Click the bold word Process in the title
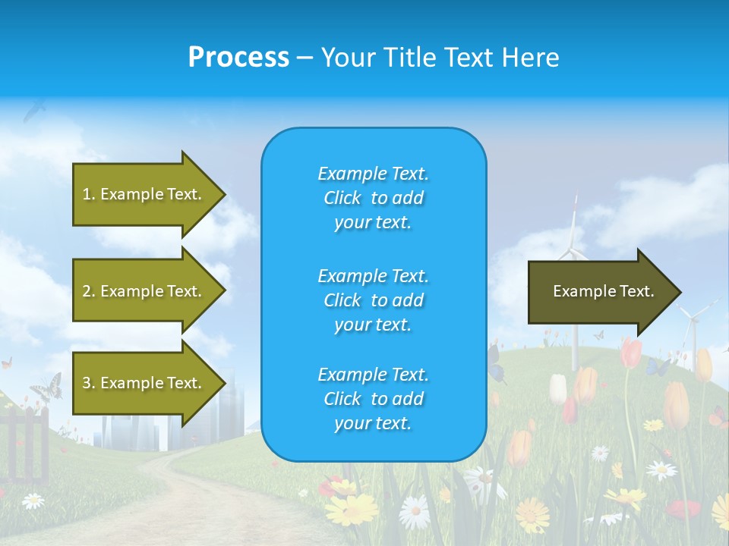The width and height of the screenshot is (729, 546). pyautogui.click(x=238, y=57)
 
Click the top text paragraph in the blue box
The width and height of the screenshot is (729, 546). pyautogui.click(x=373, y=198)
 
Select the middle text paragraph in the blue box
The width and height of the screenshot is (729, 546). pyautogui.click(x=373, y=300)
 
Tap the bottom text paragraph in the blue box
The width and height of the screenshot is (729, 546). pyautogui.click(x=373, y=399)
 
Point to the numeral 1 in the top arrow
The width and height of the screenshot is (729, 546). pyautogui.click(x=87, y=194)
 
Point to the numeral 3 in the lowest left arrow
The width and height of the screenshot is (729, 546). pyautogui.click(x=87, y=383)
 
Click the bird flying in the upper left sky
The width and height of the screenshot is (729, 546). pyautogui.click(x=34, y=111)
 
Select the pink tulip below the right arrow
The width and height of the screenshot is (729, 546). pyautogui.click(x=630, y=353)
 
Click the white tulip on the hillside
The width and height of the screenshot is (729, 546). pyautogui.click(x=558, y=388)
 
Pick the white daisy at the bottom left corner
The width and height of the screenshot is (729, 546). pyautogui.click(x=33, y=500)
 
